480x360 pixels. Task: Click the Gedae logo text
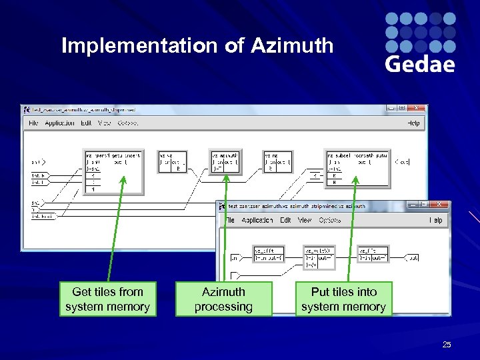click(420, 64)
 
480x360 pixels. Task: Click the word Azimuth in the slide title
click(292, 46)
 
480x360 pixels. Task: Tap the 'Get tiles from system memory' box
click(107, 299)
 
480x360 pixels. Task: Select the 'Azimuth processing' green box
click(223, 299)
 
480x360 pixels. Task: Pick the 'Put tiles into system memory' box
click(343, 299)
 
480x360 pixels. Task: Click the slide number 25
click(447, 345)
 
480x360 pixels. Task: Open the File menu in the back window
click(33, 123)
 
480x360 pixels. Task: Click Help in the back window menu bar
click(413, 123)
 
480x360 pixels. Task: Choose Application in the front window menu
click(257, 220)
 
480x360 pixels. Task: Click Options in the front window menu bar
click(329, 220)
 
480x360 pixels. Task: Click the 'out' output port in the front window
click(413, 257)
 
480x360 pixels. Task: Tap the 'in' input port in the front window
click(235, 257)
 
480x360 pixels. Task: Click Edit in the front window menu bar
click(285, 220)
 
